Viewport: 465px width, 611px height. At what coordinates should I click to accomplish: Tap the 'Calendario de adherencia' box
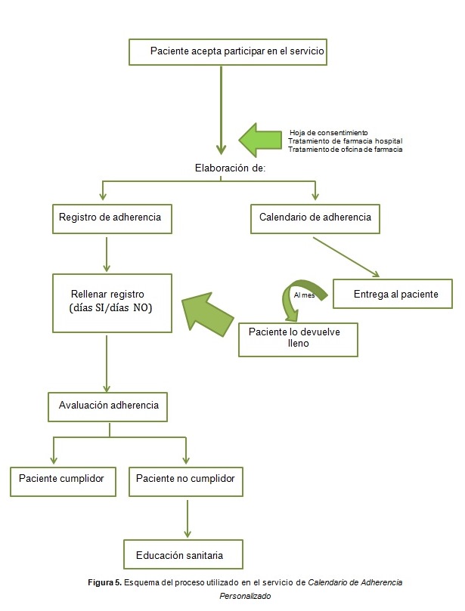click(315, 218)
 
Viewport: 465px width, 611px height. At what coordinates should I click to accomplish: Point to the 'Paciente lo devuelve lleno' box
click(297, 338)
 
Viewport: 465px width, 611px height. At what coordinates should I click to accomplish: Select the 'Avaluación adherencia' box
click(108, 406)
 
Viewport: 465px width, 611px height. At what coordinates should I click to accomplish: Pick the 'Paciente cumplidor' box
click(64, 479)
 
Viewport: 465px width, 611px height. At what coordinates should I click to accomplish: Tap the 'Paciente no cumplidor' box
click(185, 479)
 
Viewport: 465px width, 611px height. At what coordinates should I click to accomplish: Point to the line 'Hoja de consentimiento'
click(328, 132)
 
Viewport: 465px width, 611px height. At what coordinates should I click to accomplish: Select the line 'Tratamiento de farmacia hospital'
click(345, 140)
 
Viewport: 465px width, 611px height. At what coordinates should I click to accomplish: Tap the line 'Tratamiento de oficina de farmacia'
click(345, 149)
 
